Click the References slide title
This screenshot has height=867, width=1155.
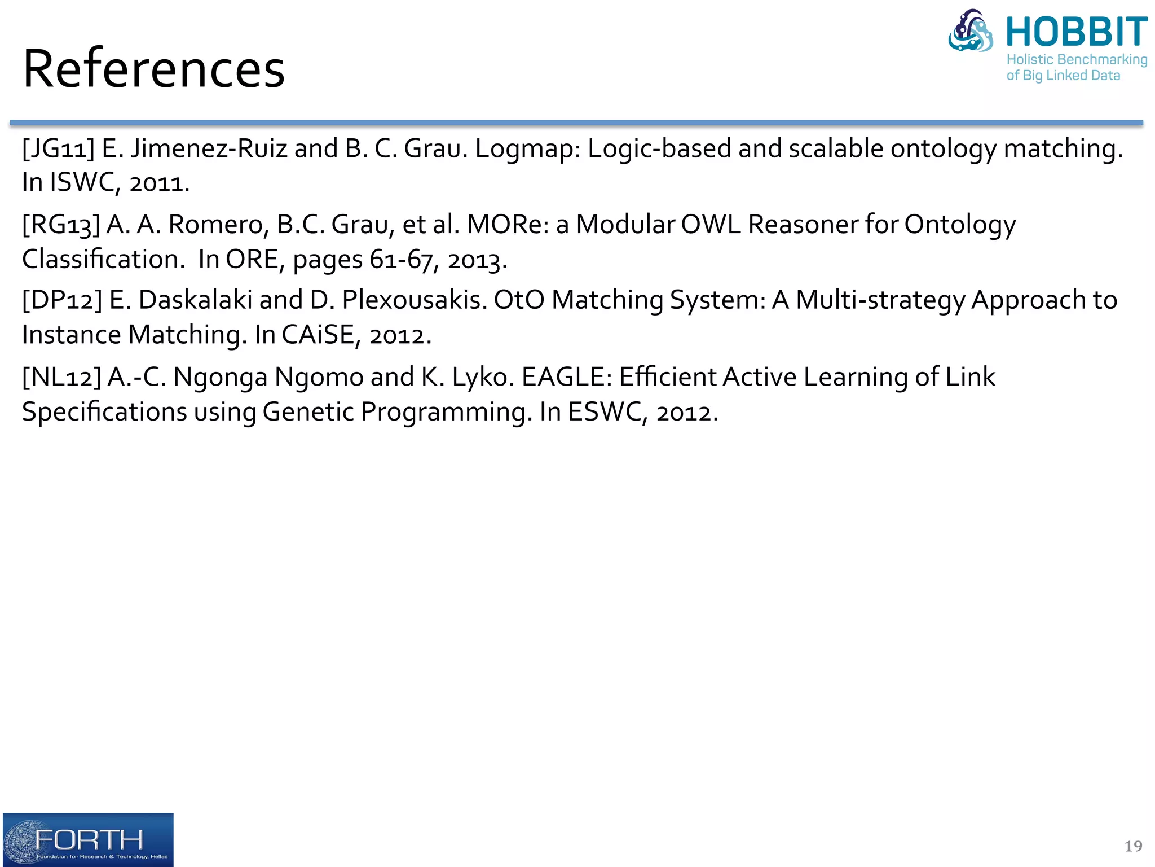[153, 69]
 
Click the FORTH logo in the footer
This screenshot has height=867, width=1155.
[88, 839]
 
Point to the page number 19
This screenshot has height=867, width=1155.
[1133, 846]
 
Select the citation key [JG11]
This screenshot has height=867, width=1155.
[58, 149]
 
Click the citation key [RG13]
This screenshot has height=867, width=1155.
[61, 225]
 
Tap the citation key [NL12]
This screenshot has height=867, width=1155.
[61, 377]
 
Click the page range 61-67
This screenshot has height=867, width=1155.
[401, 260]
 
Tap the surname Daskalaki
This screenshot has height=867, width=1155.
[195, 300]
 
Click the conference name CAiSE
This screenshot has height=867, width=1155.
[318, 335]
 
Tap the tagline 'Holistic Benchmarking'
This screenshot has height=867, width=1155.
[1077, 60]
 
